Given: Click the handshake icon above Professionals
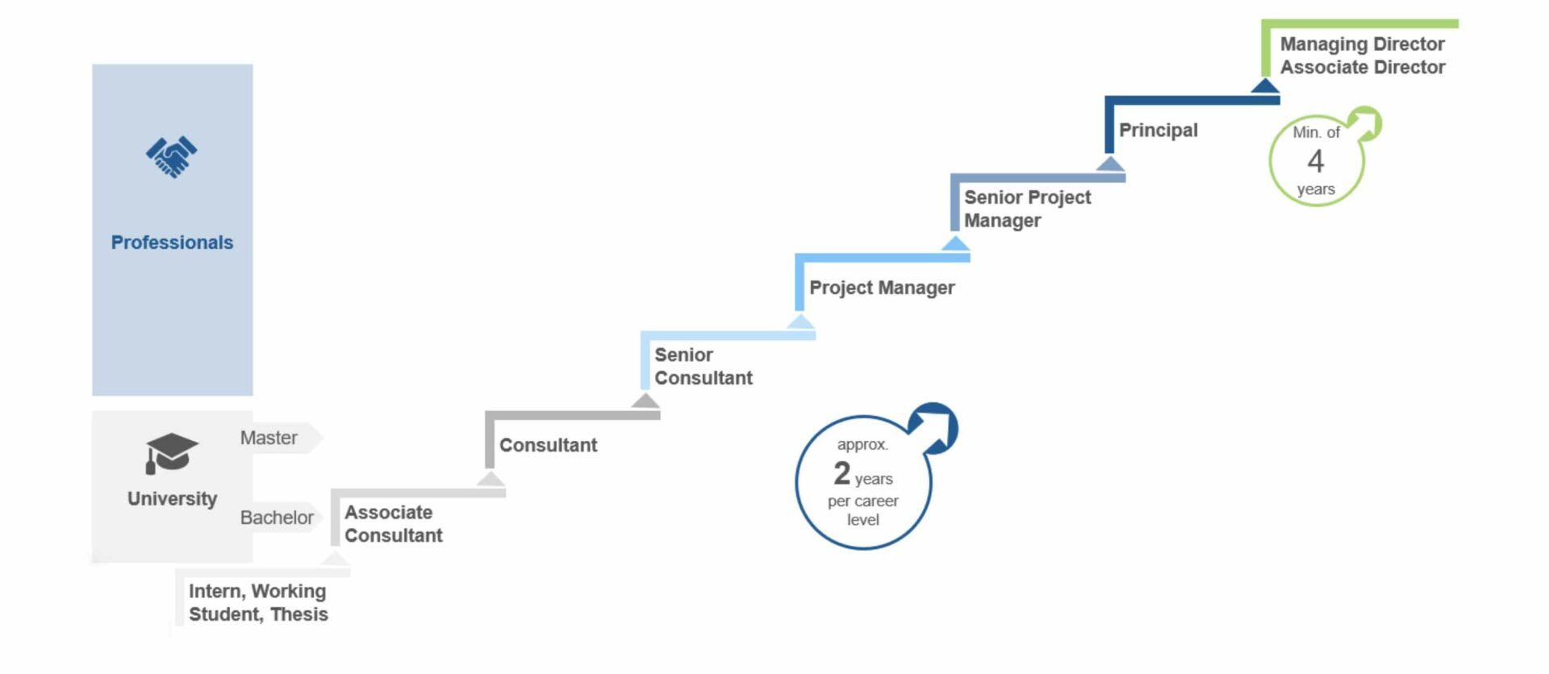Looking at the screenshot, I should [x=172, y=156].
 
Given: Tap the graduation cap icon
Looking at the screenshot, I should [x=170, y=453].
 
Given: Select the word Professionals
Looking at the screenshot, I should [x=172, y=243].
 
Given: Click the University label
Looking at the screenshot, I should [x=172, y=499].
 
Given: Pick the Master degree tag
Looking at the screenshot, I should [x=269, y=438].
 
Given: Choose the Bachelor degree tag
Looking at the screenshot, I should [x=277, y=518].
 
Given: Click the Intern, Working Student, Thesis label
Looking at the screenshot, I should [x=258, y=603].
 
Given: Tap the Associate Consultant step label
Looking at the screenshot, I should [x=394, y=524].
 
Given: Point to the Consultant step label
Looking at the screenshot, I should [x=548, y=445].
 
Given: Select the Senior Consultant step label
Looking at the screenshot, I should [x=703, y=367].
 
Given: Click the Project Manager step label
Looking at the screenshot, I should [x=882, y=288].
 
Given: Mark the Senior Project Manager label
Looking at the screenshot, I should [x=1027, y=209].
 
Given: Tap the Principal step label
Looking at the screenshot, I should [x=1158, y=131].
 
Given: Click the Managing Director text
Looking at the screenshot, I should [x=1362, y=44].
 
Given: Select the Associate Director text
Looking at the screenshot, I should [x=1362, y=68].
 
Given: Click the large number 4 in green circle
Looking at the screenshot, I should [x=1316, y=161].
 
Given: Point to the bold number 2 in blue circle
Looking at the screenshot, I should [x=842, y=473].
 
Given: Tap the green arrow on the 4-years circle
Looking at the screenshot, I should [x=1366, y=124].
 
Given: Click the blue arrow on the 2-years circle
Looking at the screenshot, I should [x=935, y=426].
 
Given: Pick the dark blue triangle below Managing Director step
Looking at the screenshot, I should [x=1265, y=85].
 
